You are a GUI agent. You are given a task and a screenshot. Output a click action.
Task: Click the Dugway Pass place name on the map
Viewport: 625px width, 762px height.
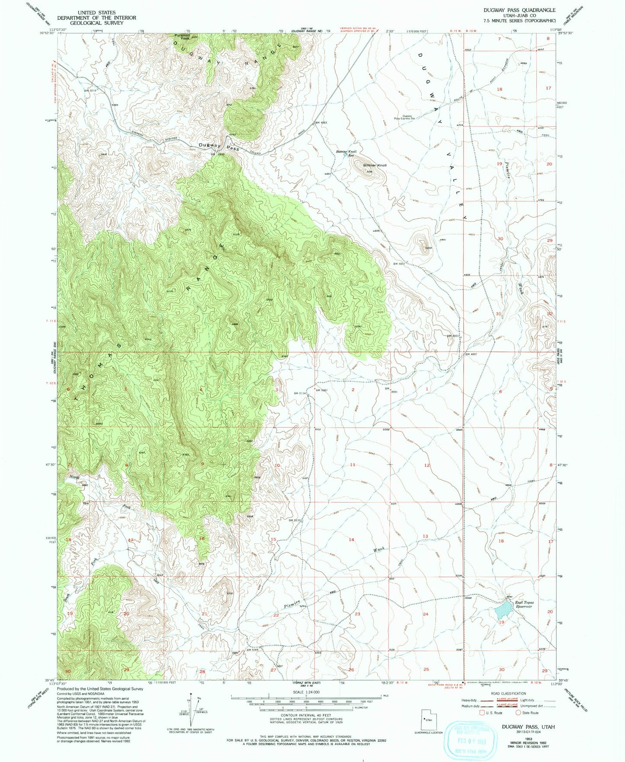point(218,147)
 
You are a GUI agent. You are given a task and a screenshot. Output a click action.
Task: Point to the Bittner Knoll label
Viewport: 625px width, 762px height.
point(375,165)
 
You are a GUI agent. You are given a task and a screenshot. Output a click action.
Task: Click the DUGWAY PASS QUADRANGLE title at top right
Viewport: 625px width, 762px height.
point(515,10)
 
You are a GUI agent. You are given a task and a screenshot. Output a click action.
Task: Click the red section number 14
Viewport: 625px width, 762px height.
point(351,540)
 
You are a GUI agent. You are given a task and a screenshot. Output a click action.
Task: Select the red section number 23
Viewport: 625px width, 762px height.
point(357,614)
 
